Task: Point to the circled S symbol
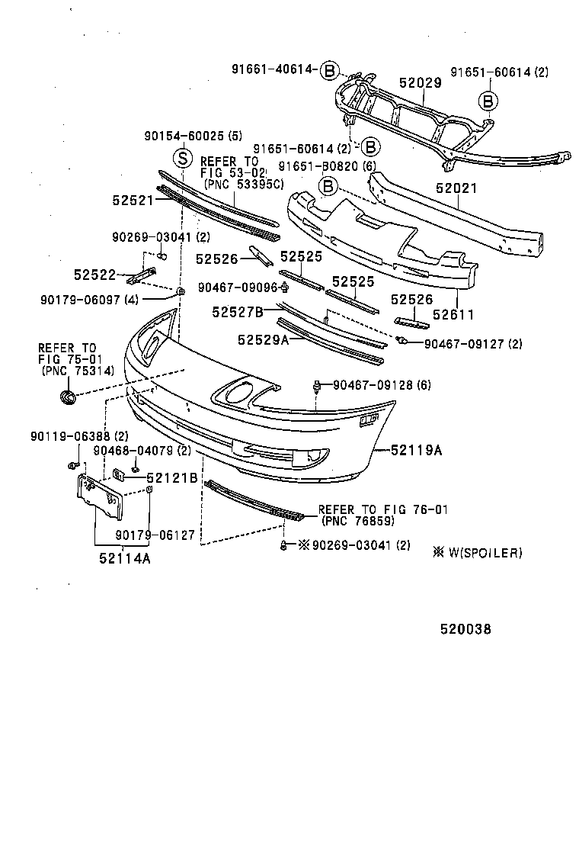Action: pyautogui.click(x=182, y=159)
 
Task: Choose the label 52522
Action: pyautogui.click(x=94, y=274)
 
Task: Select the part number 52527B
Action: pyautogui.click(x=238, y=311)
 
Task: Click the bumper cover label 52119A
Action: pyautogui.click(x=417, y=450)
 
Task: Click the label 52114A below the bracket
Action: pyautogui.click(x=124, y=557)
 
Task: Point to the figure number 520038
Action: pyautogui.click(x=465, y=630)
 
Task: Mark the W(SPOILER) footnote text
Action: pyautogui.click(x=483, y=553)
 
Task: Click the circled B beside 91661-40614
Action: pyautogui.click(x=329, y=70)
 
